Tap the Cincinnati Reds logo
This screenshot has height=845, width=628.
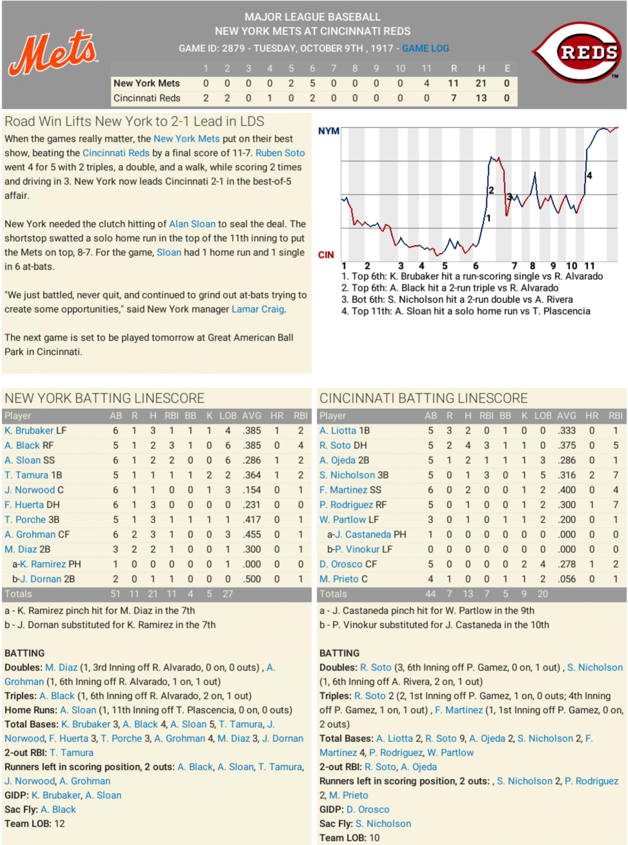pyautogui.click(x=578, y=52)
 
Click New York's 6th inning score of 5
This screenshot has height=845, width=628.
pyautogui.click(x=312, y=83)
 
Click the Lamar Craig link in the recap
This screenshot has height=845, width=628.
pyautogui.click(x=258, y=309)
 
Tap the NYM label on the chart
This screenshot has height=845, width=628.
pyautogui.click(x=328, y=131)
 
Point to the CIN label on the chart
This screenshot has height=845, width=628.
pyautogui.click(x=326, y=255)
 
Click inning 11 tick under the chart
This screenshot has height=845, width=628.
pyautogui.click(x=589, y=266)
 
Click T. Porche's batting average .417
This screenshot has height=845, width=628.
pyautogui.click(x=252, y=520)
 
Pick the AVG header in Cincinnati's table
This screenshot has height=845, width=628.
pyautogui.click(x=566, y=416)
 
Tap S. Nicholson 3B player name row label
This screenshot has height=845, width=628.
pyautogui.click(x=347, y=475)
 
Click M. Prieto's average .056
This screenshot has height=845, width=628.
pyautogui.click(x=566, y=579)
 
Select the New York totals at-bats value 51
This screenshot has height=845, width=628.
pyautogui.click(x=115, y=594)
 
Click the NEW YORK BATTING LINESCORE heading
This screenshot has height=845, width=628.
pyautogui.click(x=105, y=398)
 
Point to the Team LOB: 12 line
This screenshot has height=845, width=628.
pyautogui.click(x=35, y=824)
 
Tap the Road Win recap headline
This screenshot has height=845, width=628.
pyautogui.click(x=134, y=122)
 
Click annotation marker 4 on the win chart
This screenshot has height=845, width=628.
pyautogui.click(x=589, y=176)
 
